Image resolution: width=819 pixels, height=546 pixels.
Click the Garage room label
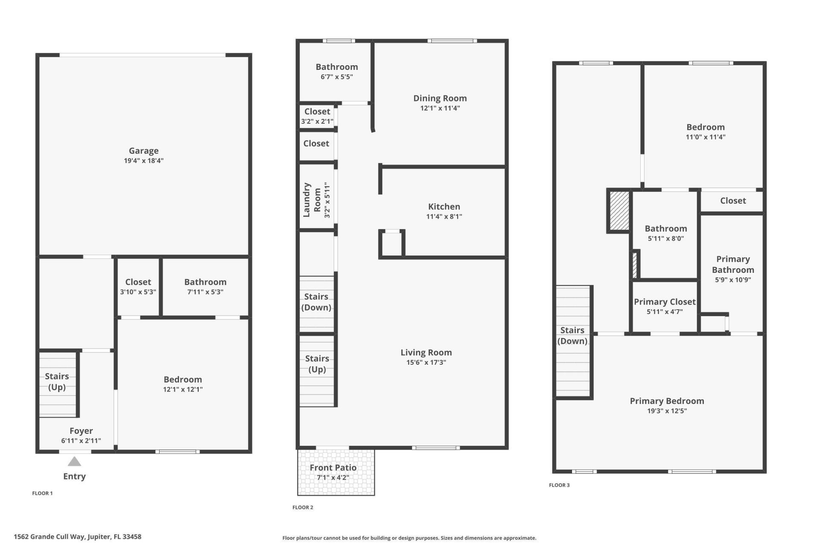pyautogui.click(x=144, y=151)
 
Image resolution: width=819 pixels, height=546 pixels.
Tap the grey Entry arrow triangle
pyautogui.click(x=74, y=462)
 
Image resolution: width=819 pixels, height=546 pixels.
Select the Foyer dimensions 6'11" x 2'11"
pyautogui.click(x=81, y=441)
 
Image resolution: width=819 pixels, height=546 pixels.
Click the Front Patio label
pyautogui.click(x=333, y=468)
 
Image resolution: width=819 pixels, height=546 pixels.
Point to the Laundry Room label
pyautogui.click(x=312, y=200)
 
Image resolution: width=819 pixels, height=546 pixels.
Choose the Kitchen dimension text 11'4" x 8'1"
pyautogui.click(x=444, y=216)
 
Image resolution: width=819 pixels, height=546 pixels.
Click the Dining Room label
pyautogui.click(x=440, y=98)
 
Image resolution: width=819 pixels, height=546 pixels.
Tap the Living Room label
pyautogui.click(x=426, y=352)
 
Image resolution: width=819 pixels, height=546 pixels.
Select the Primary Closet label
pyautogui.click(x=665, y=302)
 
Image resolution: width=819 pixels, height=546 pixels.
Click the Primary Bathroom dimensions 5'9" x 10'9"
pyautogui.click(x=733, y=280)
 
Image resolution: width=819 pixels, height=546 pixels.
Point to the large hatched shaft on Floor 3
pyautogui.click(x=619, y=211)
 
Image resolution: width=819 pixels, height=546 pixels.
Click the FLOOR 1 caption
pyautogui.click(x=42, y=493)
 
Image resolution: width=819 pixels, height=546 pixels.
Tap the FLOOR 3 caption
pyautogui.click(x=559, y=485)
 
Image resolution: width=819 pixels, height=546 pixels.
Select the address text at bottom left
pyautogui.click(x=77, y=537)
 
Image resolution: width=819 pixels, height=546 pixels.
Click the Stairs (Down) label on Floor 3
pyautogui.click(x=572, y=335)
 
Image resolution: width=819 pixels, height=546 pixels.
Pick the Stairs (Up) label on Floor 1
pyautogui.click(x=57, y=381)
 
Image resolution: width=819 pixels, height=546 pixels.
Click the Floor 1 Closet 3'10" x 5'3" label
pyautogui.click(x=138, y=282)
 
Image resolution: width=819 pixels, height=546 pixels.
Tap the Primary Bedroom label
pyautogui.click(x=667, y=401)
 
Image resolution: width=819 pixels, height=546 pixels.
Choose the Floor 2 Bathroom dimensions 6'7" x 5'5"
pyautogui.click(x=337, y=77)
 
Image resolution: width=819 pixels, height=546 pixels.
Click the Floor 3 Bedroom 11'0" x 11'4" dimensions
pyautogui.click(x=705, y=137)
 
